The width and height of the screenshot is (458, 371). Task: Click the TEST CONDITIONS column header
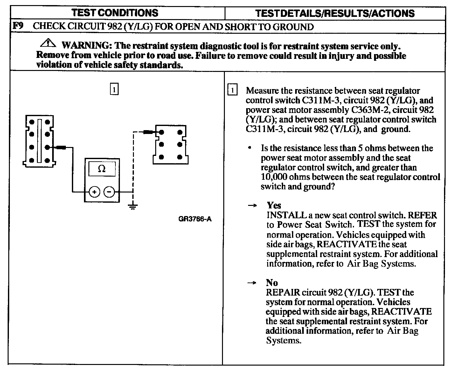click(115, 13)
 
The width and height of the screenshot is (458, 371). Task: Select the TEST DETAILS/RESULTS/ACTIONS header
click(335, 13)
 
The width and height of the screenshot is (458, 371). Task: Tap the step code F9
click(18, 26)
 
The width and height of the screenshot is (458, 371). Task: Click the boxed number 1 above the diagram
click(114, 89)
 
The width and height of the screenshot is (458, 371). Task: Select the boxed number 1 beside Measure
click(233, 90)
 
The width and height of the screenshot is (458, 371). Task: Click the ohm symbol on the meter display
click(102, 169)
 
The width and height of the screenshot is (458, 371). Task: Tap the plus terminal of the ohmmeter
click(94, 192)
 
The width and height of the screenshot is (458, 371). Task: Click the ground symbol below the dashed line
click(133, 206)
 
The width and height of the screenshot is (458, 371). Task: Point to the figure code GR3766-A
click(195, 219)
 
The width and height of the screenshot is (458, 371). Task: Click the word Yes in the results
click(274, 205)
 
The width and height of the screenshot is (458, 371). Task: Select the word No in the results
click(272, 283)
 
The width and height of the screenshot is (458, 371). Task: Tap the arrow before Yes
click(252, 206)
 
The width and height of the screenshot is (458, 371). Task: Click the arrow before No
click(252, 283)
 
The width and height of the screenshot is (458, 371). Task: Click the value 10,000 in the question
click(274, 177)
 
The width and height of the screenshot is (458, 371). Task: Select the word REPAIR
click(282, 292)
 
